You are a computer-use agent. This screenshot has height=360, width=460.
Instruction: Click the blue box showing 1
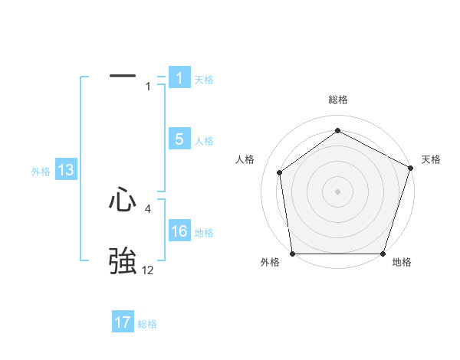coord(179,78)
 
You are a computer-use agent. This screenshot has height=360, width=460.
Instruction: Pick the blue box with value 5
coord(179,139)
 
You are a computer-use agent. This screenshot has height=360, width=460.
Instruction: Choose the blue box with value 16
coord(179,231)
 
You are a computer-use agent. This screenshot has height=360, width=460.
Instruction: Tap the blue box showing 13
coord(66,171)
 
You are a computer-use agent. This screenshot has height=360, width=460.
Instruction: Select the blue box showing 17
coord(123,322)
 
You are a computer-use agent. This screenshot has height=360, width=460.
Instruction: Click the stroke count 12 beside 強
coord(147,270)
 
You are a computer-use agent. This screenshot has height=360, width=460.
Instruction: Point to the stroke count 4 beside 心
coord(148,208)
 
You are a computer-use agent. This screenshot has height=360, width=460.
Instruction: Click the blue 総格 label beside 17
coord(147,324)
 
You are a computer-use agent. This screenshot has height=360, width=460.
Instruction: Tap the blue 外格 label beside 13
coord(41,172)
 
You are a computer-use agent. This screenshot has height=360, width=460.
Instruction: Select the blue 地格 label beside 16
coord(204,233)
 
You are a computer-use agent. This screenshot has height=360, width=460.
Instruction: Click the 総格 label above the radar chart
coord(337,100)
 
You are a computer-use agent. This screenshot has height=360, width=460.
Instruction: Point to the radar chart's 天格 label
coord(431,159)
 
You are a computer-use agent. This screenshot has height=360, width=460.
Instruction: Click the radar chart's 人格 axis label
coord(245,159)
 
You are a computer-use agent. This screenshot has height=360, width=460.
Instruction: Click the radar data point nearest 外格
coord(292,254)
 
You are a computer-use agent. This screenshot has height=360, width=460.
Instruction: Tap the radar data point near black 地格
coord(383,254)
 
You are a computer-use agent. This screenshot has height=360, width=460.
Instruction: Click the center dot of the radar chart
coord(337,191)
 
